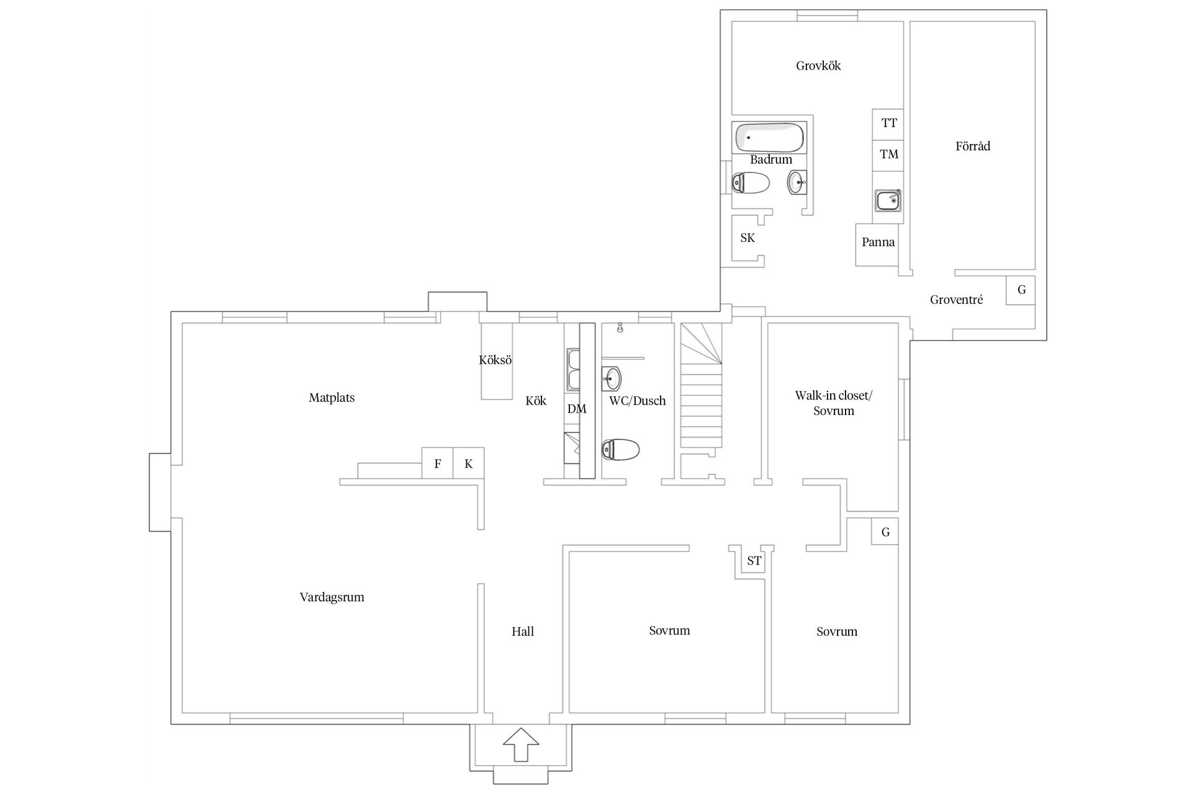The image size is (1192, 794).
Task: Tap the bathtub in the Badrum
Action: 770,137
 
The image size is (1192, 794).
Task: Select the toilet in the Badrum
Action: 751,183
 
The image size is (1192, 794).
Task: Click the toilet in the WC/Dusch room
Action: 621,450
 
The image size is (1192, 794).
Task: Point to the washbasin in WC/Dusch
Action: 612,377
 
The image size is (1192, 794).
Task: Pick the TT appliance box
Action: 888,123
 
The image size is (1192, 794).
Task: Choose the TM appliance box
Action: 888,154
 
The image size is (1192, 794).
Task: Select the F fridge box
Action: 437,463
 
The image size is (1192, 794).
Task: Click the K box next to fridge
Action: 469,463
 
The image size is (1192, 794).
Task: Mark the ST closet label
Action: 754,561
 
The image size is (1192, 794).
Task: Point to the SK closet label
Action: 747,238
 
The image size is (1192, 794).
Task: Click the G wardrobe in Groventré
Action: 1021,290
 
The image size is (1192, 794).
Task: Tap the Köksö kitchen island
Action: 497,361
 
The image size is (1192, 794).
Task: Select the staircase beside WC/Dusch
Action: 702,397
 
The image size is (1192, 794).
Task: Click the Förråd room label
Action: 972,146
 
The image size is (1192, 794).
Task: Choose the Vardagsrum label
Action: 332,597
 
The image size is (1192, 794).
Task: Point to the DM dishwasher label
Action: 576,409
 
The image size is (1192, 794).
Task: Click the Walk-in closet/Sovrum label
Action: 833,403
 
